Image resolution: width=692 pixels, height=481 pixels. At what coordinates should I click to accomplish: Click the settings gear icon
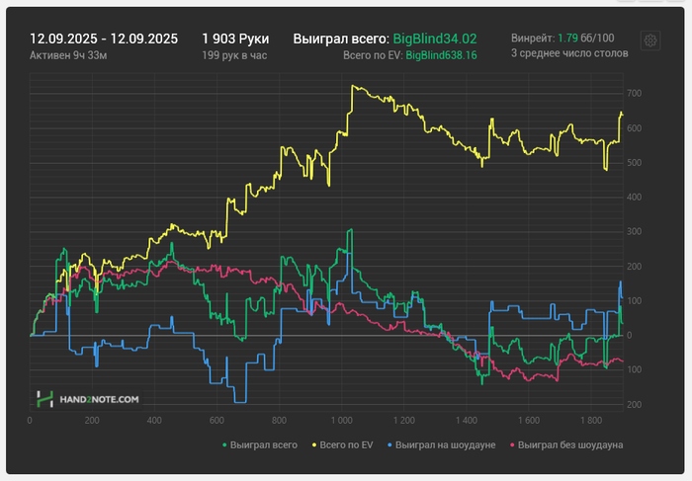[650, 40]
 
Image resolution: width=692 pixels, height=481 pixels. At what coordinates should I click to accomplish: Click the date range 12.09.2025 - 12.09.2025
[104, 39]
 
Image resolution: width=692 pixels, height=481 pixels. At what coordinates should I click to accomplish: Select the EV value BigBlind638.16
[441, 55]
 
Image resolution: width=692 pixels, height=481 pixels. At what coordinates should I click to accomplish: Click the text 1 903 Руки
[235, 39]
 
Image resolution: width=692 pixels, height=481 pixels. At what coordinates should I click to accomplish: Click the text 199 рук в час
[235, 55]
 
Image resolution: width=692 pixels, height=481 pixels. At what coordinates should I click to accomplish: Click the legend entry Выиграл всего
[263, 446]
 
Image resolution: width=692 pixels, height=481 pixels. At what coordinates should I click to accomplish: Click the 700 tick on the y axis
[635, 94]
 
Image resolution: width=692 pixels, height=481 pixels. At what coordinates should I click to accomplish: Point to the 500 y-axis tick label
[635, 163]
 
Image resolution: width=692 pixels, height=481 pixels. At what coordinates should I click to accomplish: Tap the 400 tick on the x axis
[153, 419]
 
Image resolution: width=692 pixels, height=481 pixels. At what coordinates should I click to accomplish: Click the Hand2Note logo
[88, 399]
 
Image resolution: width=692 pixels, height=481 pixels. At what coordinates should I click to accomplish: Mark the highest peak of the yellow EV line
[353, 85]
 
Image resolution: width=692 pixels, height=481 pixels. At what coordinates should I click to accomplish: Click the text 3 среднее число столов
[568, 55]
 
